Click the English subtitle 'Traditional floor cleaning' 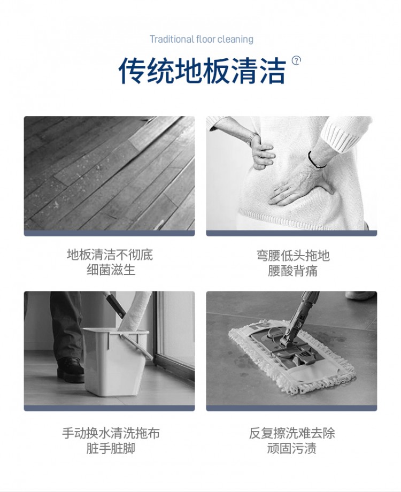point(201,39)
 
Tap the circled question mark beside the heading point(296,60)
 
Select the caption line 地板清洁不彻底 point(110,255)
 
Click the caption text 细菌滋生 point(111,270)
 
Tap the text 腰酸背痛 point(293,271)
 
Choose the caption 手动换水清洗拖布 point(111,433)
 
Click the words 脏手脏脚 point(111,448)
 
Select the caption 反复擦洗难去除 point(292,433)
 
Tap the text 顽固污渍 point(292,448)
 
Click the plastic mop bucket point(116,361)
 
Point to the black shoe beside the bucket point(70,370)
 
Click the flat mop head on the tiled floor point(292,356)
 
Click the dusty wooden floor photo point(109,173)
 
